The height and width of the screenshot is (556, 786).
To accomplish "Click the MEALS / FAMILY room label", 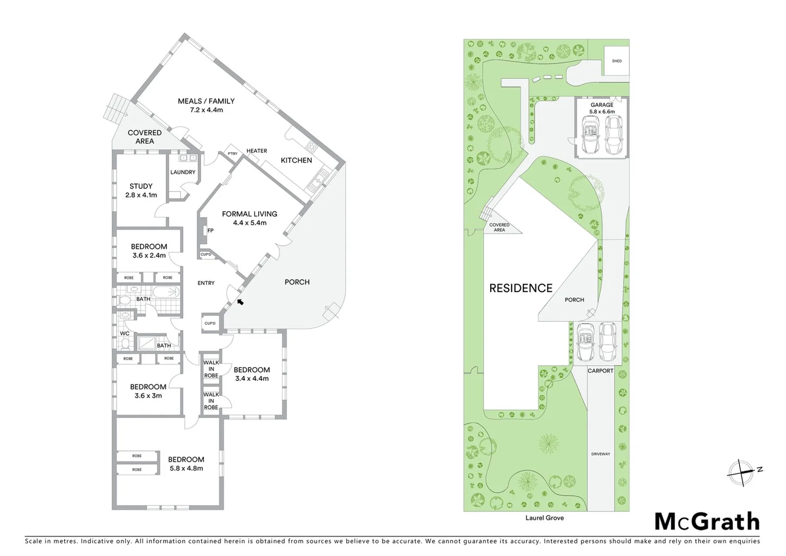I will tap(206, 105).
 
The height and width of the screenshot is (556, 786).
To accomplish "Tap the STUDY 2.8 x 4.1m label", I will tap(141, 190).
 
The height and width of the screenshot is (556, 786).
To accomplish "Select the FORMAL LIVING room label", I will tap(249, 218).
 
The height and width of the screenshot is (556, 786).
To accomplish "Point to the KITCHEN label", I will tap(296, 160).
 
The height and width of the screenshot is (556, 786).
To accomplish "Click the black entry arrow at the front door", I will tap(240, 301).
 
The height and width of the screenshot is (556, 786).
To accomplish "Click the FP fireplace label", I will tap(210, 231).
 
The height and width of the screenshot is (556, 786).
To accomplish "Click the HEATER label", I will tap(257, 151).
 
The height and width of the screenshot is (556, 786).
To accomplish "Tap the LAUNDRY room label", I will tap(183, 172).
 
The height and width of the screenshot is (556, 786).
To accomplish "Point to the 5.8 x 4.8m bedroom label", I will tap(186, 464).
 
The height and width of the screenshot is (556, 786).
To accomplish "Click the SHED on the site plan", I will tap(616, 61).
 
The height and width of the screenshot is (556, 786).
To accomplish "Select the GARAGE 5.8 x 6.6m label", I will tap(601, 108).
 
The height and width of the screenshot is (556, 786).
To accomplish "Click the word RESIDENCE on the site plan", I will tap(521, 288).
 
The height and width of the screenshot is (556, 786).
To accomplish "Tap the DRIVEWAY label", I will tap(600, 454).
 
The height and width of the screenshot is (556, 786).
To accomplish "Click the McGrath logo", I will tap(707, 522).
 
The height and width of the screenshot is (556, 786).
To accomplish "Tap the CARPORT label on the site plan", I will tap(600, 371).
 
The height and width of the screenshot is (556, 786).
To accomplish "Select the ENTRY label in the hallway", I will tap(206, 283).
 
